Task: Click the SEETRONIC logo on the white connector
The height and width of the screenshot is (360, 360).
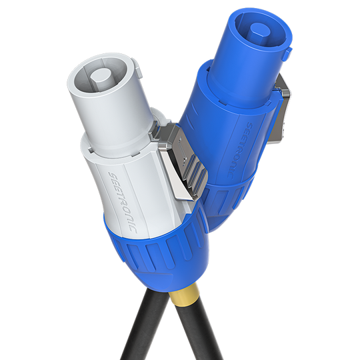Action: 123,203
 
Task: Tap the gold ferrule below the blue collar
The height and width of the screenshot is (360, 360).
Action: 183,296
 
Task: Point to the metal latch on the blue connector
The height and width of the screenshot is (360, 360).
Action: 279,109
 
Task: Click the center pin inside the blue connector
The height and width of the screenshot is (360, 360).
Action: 260,30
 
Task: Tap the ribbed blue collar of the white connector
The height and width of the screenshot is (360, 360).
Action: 159,250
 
